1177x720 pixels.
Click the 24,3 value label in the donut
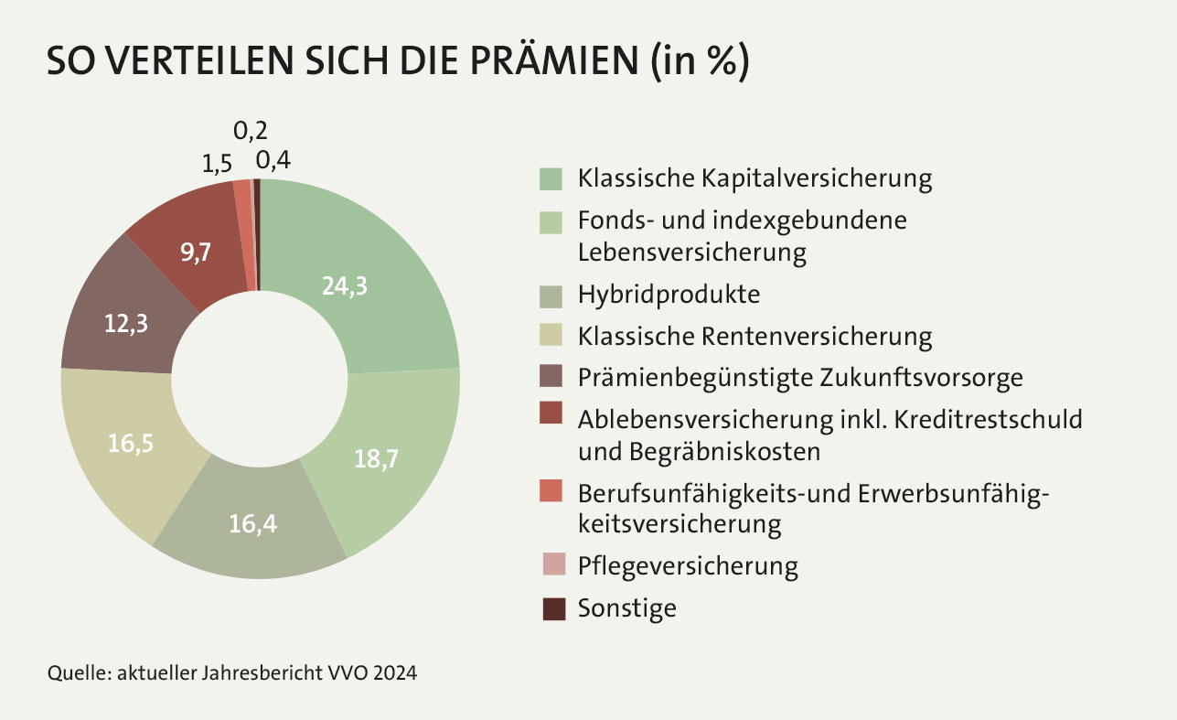pyautogui.click(x=345, y=286)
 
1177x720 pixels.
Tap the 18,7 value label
pyautogui.click(x=377, y=457)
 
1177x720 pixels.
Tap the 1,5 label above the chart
pyautogui.click(x=216, y=164)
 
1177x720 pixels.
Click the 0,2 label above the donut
pyautogui.click(x=251, y=131)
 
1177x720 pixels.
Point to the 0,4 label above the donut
pyautogui.click(x=273, y=161)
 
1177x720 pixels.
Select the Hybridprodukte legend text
pyautogui.click(x=669, y=295)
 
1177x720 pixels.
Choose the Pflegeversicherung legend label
pyautogui.click(x=688, y=565)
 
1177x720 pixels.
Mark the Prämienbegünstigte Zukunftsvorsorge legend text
pyautogui.click(x=799, y=377)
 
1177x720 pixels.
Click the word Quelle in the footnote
pyautogui.click(x=76, y=674)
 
